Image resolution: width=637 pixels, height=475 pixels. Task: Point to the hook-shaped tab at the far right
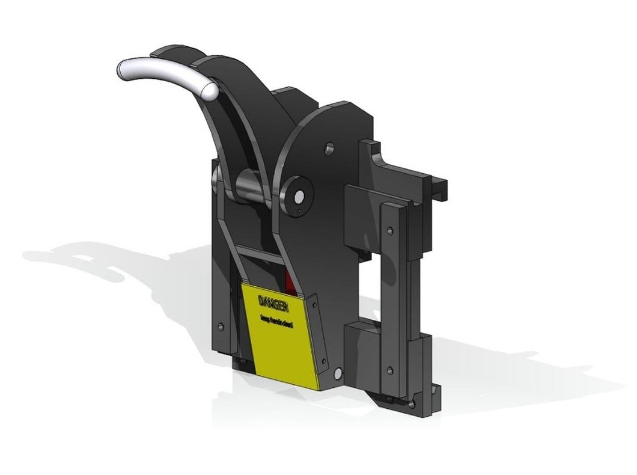point(442,186)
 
